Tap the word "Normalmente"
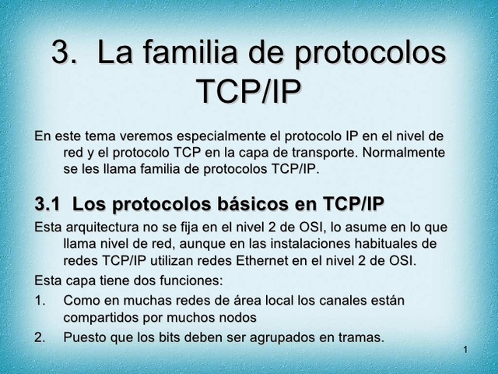click(x=407, y=153)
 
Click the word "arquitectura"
click(x=104, y=228)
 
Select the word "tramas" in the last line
click(x=360, y=338)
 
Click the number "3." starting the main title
click(x=67, y=55)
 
